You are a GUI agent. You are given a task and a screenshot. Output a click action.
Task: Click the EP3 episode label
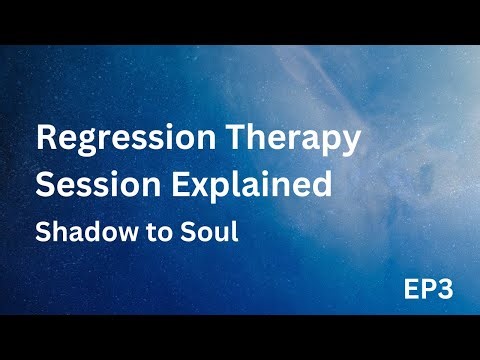pos(431,292)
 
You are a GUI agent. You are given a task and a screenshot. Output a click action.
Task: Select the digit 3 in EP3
pos(447,292)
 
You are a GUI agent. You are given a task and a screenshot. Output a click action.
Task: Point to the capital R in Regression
pos(46,139)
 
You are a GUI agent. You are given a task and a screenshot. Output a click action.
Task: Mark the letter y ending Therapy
pos(351,144)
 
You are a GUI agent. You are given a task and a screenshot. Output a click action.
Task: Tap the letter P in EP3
pos(430,292)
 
